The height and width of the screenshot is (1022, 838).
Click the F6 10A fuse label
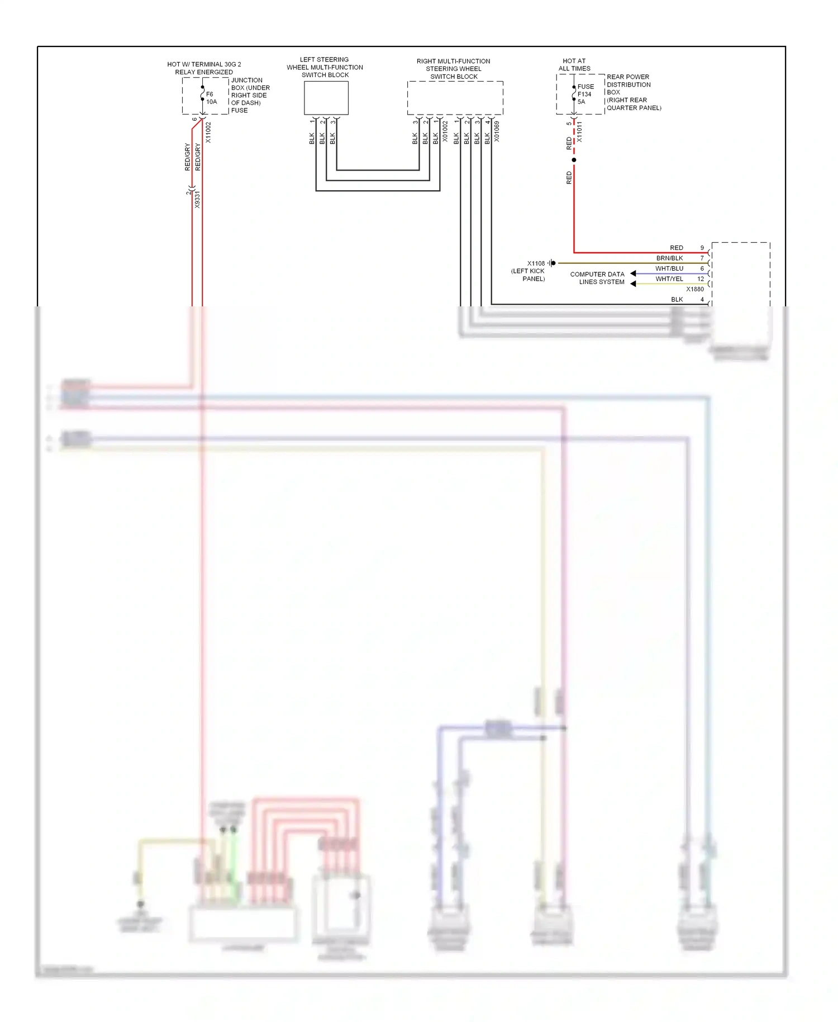211,98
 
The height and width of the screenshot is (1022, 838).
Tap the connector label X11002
208,133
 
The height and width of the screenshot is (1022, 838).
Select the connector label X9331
197,200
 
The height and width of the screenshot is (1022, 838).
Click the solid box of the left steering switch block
326,98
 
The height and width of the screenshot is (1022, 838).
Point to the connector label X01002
445,131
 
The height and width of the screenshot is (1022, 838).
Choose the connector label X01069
497,131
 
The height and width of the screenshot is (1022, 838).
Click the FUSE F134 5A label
585,94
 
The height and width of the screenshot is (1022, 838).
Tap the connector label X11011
579,132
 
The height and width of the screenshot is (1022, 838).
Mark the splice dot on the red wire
574,160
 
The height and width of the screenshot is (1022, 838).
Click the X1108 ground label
536,263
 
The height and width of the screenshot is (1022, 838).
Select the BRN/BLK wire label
669,258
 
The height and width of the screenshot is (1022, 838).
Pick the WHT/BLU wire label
669,268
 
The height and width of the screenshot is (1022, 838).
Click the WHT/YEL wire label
669,278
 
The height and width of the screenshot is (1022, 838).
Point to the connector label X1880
695,289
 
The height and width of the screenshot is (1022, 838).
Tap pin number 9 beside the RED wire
702,248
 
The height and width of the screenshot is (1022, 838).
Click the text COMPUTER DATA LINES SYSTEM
597,278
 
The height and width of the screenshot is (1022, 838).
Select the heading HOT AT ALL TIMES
574,65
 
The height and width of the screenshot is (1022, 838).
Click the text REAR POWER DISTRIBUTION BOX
628,84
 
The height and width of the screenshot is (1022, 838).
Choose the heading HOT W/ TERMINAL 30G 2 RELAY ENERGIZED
204,68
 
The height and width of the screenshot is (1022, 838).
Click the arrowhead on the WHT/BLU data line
633,273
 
